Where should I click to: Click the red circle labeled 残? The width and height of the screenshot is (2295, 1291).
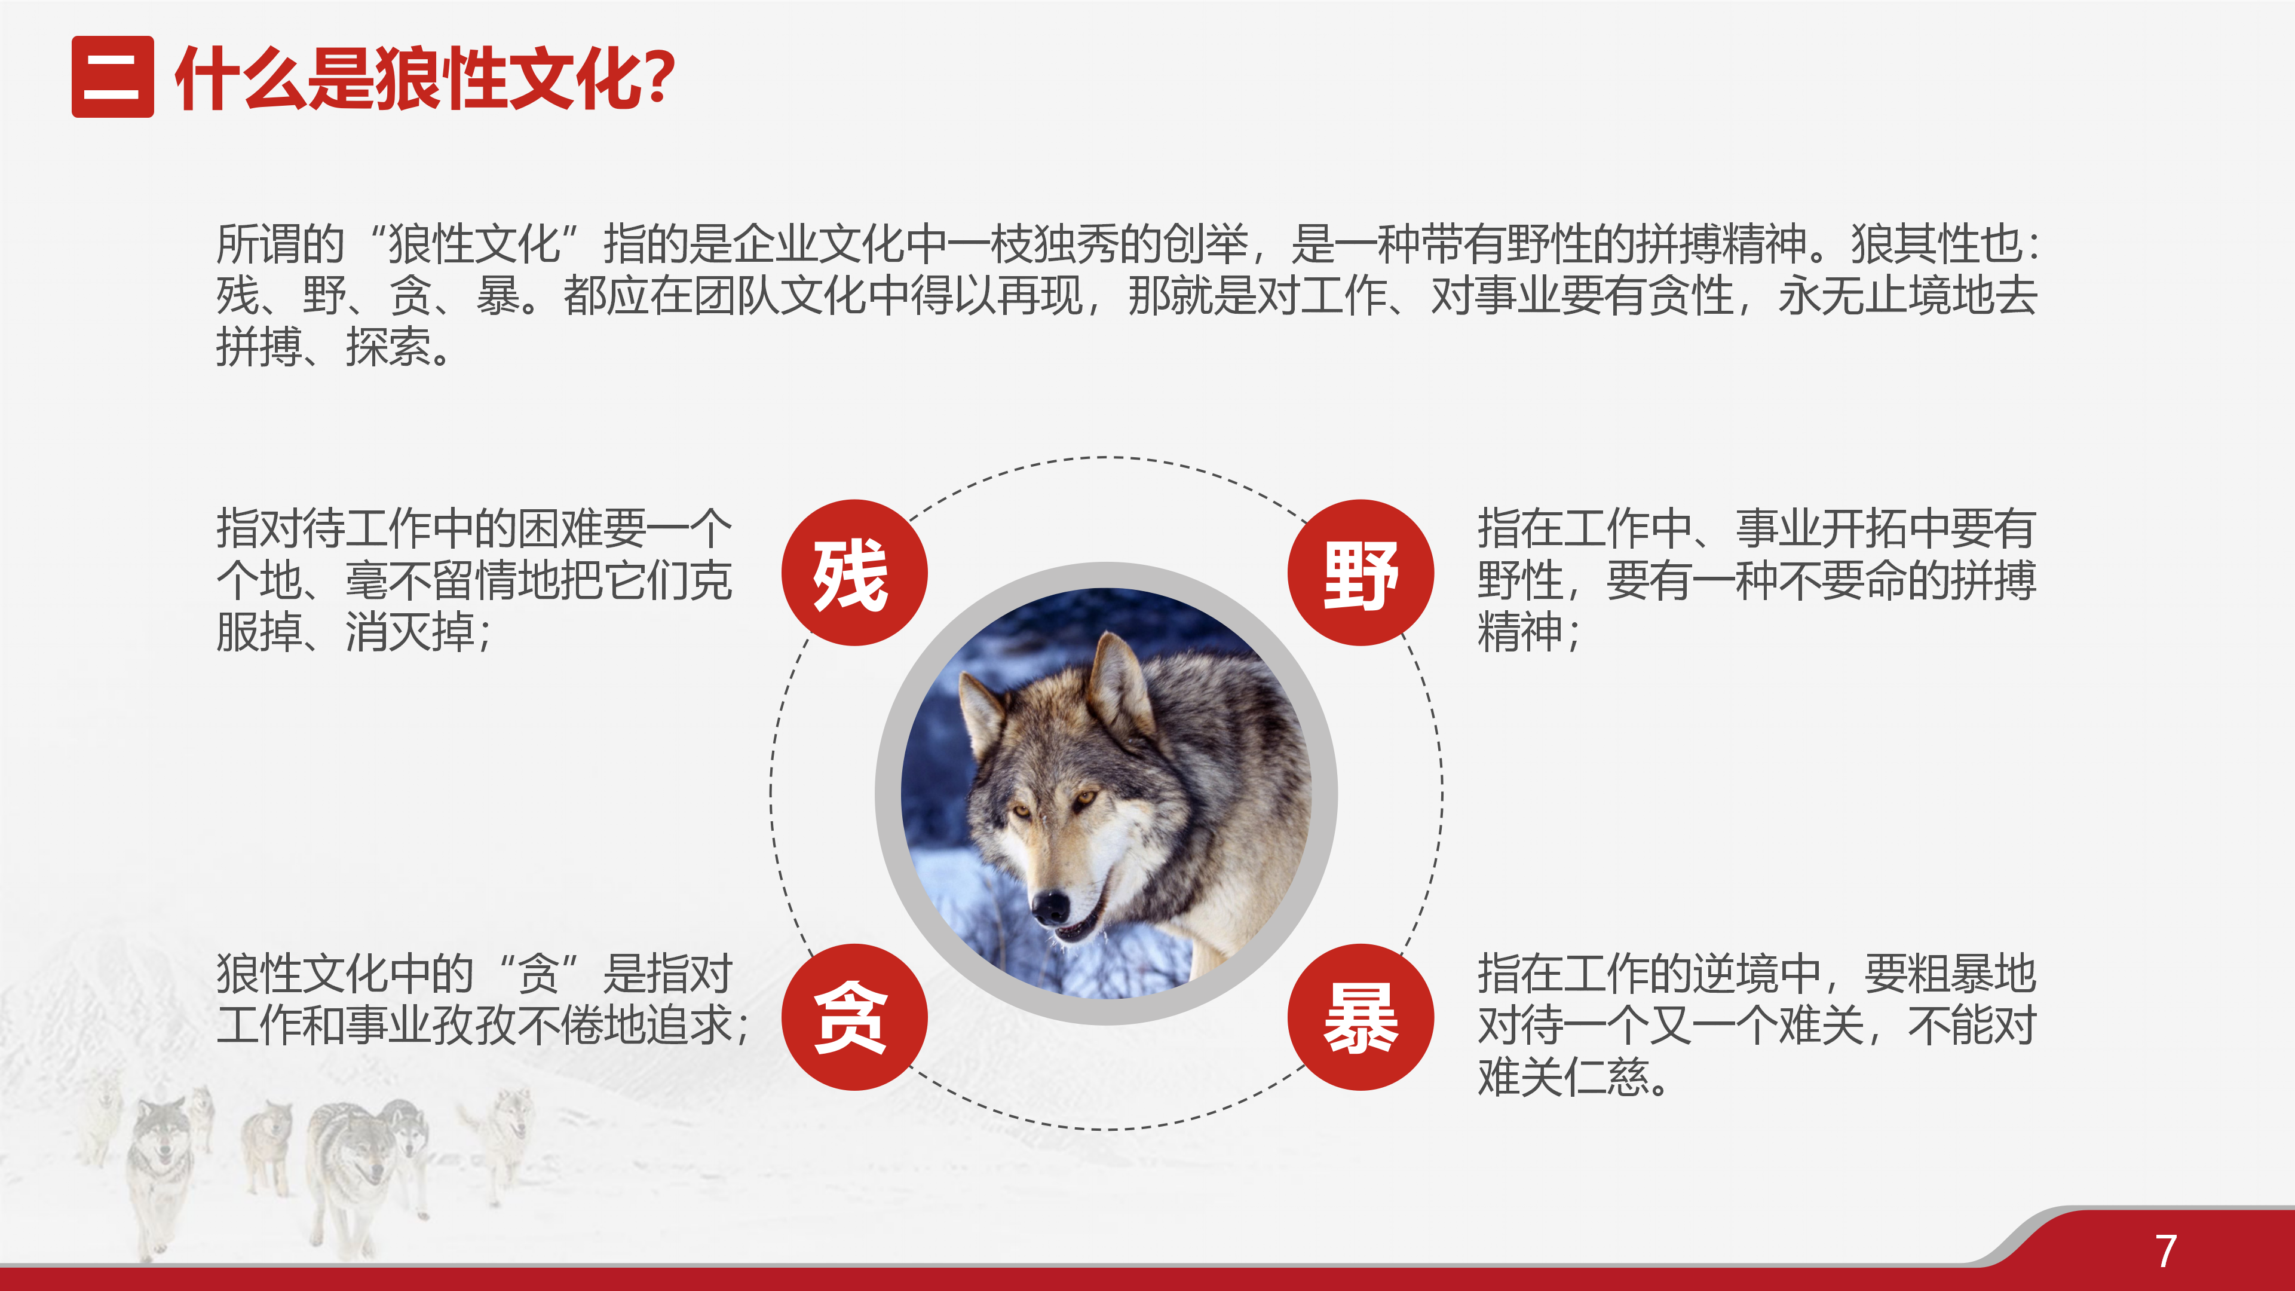click(x=854, y=573)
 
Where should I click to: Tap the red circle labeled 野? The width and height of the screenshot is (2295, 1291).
click(x=1361, y=573)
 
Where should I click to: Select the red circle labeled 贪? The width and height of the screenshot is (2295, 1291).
click(x=854, y=1017)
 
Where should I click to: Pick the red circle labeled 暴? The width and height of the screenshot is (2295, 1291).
click(x=1361, y=1017)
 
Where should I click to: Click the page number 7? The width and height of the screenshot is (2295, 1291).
click(x=2167, y=1251)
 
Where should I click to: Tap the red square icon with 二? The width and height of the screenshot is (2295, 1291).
click(x=112, y=77)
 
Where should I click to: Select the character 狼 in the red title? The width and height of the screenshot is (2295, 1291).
click(x=409, y=78)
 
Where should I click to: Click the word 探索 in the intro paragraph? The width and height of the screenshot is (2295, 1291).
click(x=388, y=347)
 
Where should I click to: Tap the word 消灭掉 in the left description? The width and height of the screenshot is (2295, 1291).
click(x=410, y=632)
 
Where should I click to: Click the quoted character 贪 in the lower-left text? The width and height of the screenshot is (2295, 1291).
click(x=538, y=973)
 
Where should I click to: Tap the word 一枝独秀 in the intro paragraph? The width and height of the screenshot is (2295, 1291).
click(x=1034, y=243)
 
